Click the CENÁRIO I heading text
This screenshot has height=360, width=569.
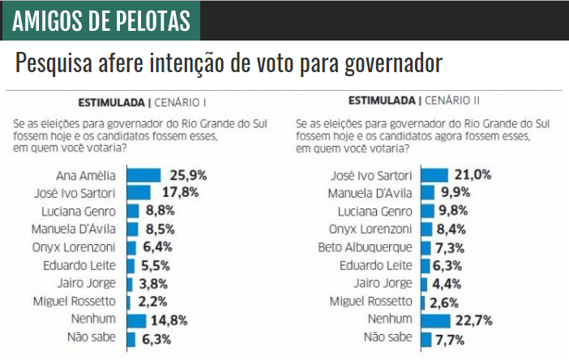[x=181, y=103]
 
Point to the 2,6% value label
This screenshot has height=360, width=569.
[x=446, y=302]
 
